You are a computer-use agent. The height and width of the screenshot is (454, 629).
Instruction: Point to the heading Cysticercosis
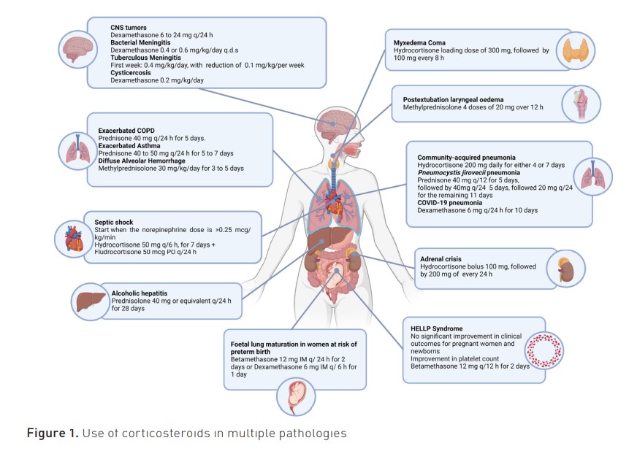click(x=130, y=73)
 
